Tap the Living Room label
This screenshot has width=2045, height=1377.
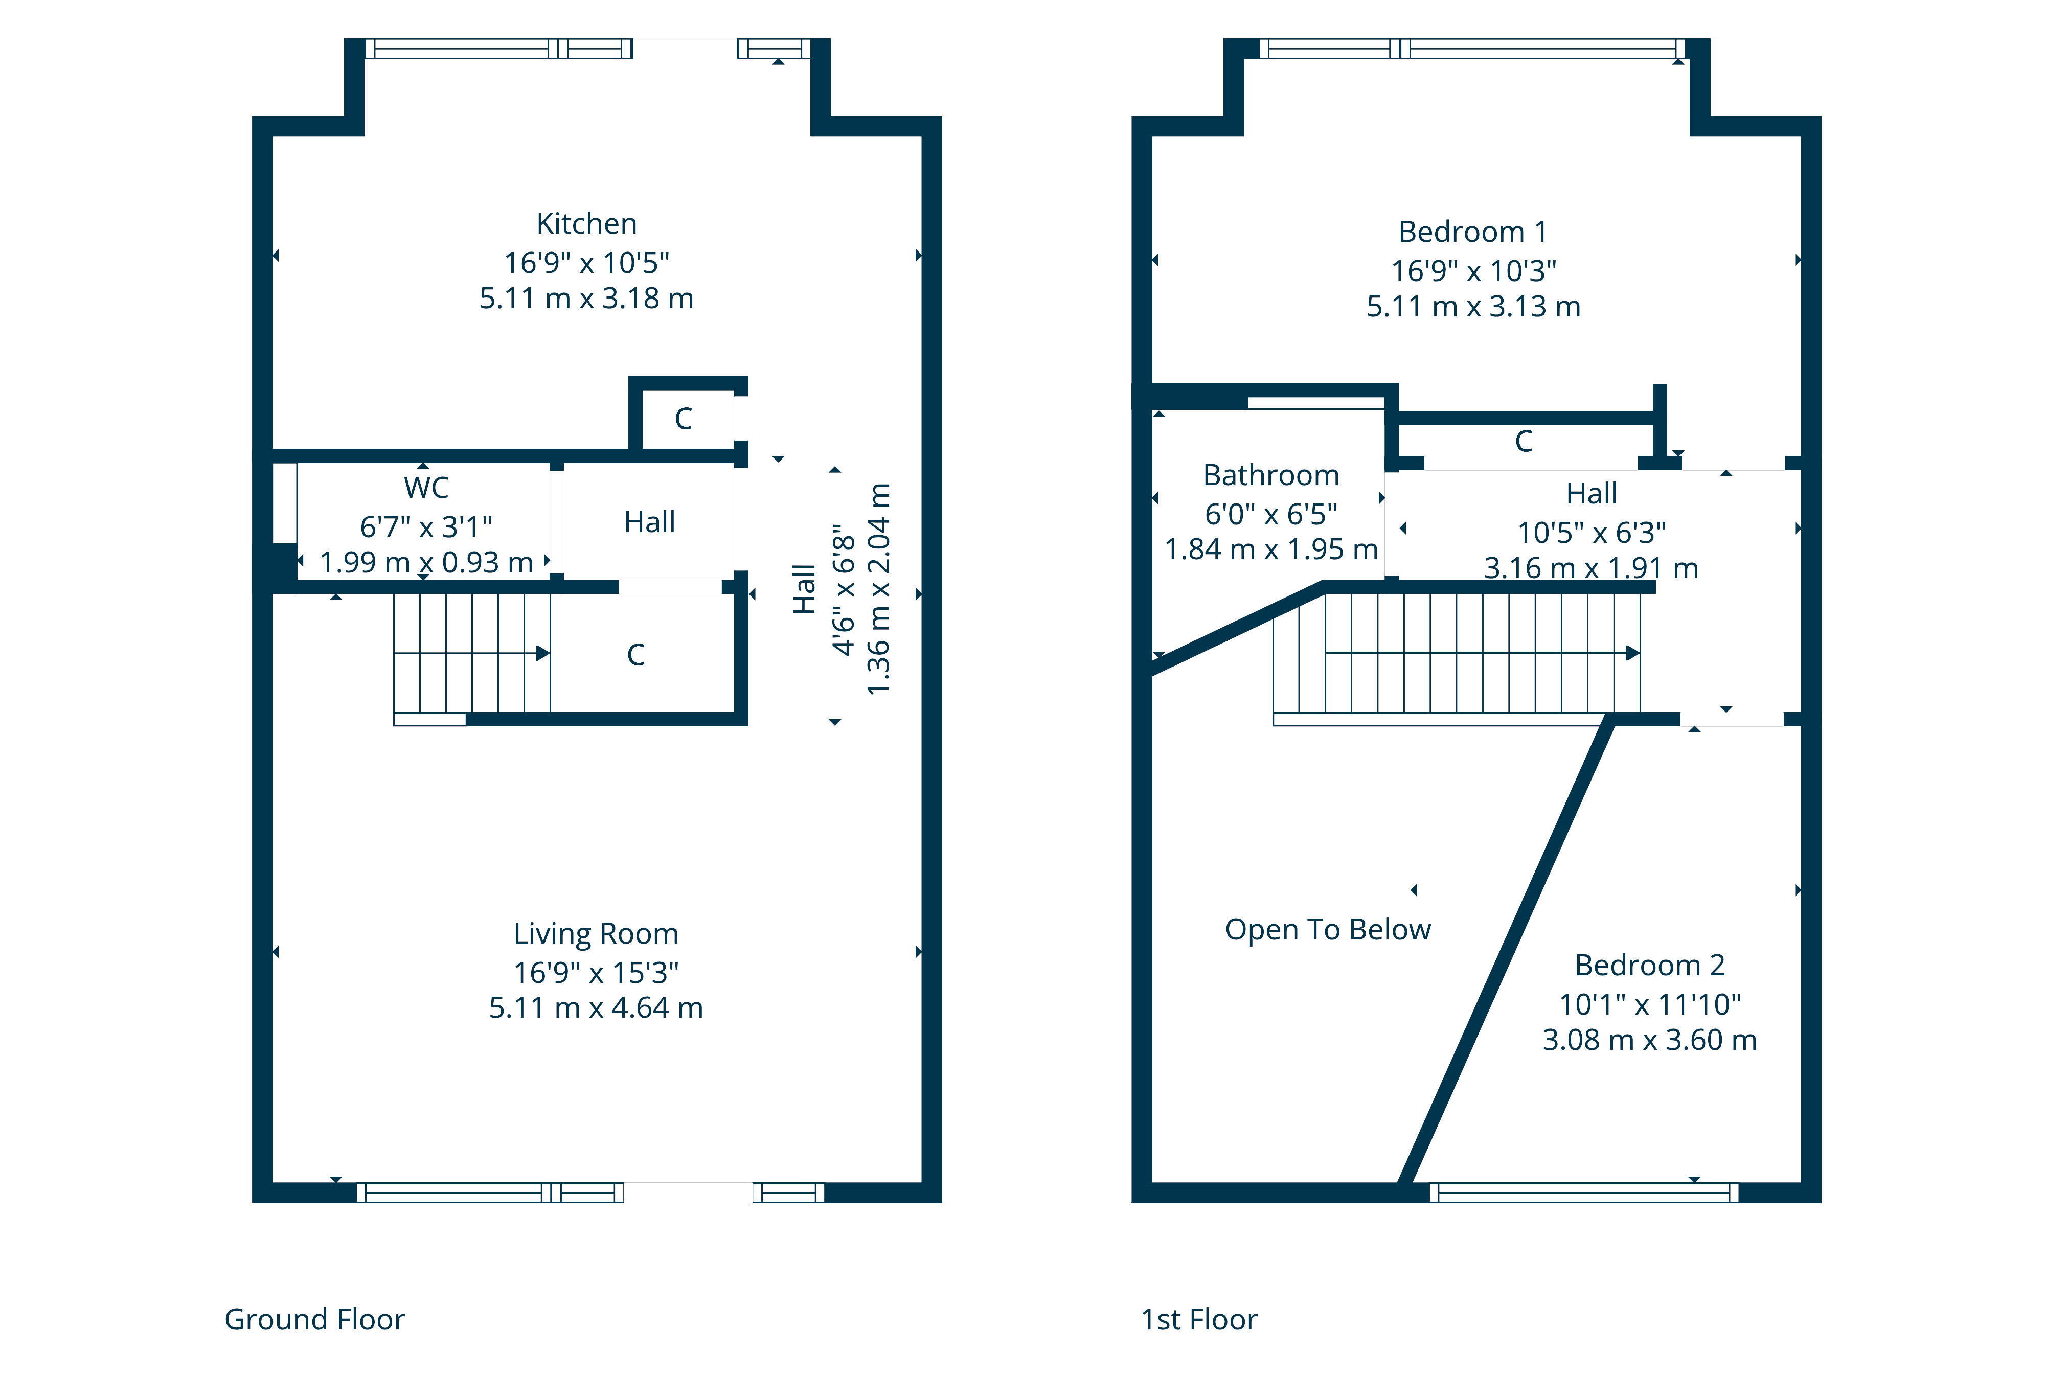(596, 933)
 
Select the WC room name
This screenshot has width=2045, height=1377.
(426, 488)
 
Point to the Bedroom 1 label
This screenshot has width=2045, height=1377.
(1472, 232)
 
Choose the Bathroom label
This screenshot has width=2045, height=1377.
(1271, 475)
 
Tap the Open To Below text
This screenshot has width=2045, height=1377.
(1328, 929)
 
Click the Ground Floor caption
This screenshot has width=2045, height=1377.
(314, 1319)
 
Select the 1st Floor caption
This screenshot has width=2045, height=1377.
(1199, 1319)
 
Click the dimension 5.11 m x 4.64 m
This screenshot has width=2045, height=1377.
(596, 1007)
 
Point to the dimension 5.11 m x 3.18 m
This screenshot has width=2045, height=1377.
(586, 299)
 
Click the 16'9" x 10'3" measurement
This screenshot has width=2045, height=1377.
(1473, 270)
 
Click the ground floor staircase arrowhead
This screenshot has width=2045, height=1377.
(543, 653)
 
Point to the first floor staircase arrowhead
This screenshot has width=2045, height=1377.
(1633, 653)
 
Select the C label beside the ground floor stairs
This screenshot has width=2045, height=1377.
(636, 654)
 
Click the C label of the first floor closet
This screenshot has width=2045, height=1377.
(1524, 441)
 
